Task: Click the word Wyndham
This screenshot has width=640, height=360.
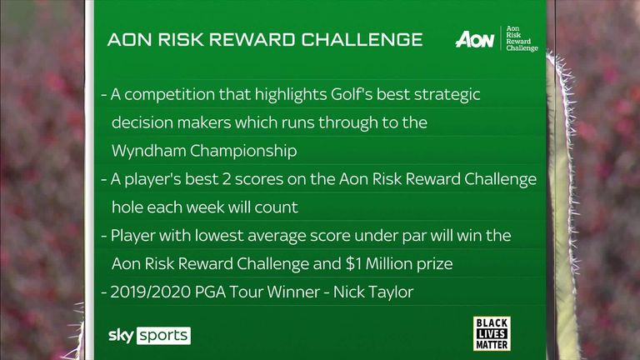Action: [x=148, y=152]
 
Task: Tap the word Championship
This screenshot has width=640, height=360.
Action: [x=243, y=152]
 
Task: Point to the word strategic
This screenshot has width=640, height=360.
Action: [x=447, y=95]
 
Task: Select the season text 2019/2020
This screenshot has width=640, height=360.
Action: [x=150, y=292]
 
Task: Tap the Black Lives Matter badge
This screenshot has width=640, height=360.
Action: [x=492, y=333]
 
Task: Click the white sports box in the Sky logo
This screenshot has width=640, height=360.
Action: [x=163, y=336]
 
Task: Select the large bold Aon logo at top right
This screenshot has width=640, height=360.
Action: [x=475, y=40]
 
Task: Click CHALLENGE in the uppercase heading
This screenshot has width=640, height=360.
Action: [x=362, y=40]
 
